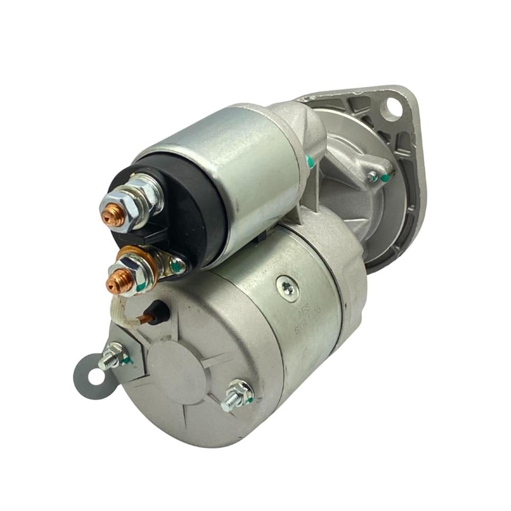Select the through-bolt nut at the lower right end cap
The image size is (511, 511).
(236, 395)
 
